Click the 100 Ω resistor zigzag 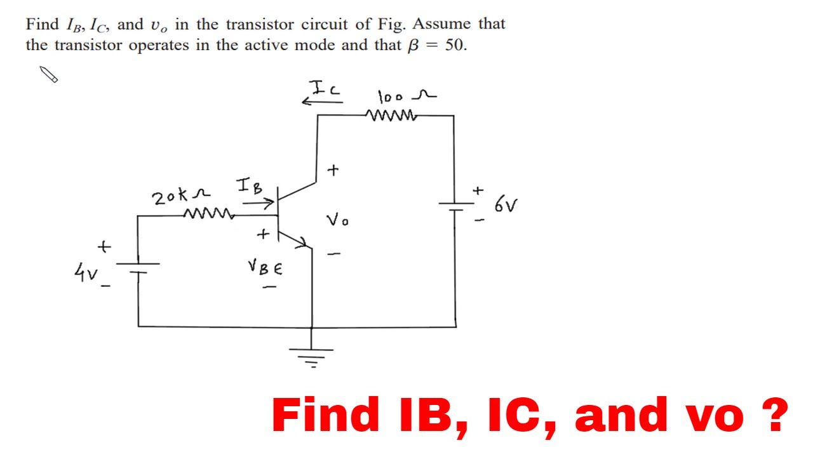tap(391, 116)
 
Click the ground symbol tap(312, 357)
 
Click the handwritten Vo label tap(337, 220)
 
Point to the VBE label tap(265, 268)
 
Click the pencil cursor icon tap(49, 74)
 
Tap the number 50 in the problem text tap(455, 46)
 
